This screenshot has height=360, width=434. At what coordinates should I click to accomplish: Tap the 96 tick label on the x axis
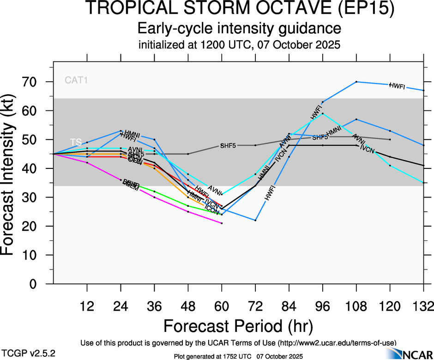tap(322, 306)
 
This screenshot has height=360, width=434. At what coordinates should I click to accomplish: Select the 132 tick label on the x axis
tap(423, 306)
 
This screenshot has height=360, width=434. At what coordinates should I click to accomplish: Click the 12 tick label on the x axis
tap(87, 306)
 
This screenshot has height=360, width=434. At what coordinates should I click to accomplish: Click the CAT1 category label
tap(76, 80)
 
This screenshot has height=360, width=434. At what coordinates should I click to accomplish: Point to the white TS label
tap(76, 142)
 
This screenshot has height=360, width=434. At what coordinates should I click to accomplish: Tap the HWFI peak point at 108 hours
tap(356, 82)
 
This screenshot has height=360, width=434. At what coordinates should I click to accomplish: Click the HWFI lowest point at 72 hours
tap(255, 220)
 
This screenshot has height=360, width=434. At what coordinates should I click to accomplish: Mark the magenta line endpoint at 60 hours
tap(222, 223)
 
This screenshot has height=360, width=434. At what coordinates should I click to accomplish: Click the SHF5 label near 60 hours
tap(228, 145)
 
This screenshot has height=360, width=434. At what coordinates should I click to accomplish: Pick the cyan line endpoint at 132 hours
tap(424, 183)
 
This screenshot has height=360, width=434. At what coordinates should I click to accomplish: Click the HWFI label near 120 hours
tap(397, 85)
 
